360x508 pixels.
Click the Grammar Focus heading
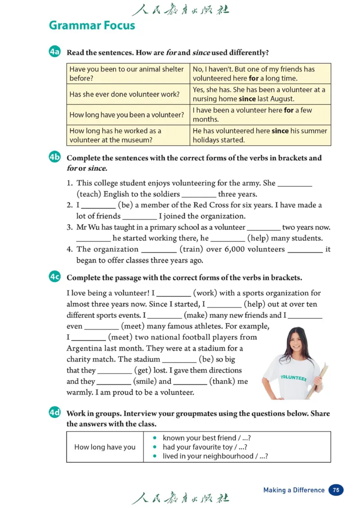[92, 25]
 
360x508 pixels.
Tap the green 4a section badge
[54, 52]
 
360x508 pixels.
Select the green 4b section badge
[54, 157]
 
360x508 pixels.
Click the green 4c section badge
[54, 277]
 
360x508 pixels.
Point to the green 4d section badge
[54, 413]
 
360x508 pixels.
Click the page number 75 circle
[336, 490]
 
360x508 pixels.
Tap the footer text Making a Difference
[293, 490]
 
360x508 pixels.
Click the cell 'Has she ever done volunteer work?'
[124, 94]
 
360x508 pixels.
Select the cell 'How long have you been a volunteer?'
[126, 115]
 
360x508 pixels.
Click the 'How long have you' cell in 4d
[105, 447]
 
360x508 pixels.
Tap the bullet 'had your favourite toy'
[205, 447]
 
